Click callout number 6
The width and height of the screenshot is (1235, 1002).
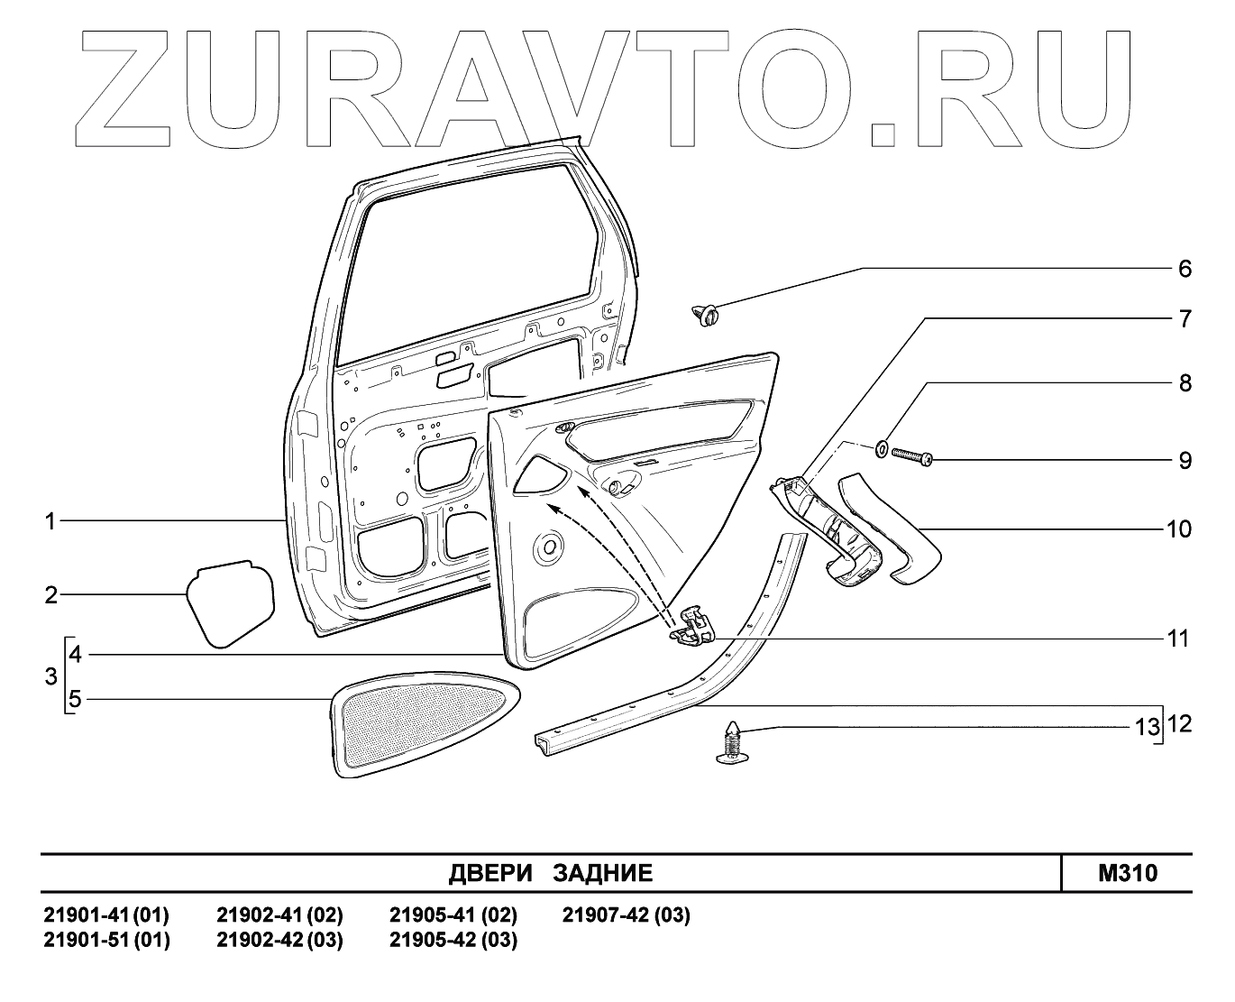(1185, 269)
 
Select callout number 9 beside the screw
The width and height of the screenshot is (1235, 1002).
(1185, 461)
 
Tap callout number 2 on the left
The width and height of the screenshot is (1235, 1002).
(51, 595)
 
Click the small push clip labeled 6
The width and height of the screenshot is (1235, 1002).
(707, 316)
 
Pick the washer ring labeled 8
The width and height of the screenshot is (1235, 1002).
(881, 446)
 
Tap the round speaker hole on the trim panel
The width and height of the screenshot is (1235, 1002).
(547, 546)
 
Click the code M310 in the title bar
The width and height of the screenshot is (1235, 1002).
(1128, 873)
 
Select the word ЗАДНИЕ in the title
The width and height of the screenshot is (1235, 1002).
(602, 873)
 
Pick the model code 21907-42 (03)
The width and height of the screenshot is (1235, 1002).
(626, 916)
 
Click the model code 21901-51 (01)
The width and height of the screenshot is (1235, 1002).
(106, 940)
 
